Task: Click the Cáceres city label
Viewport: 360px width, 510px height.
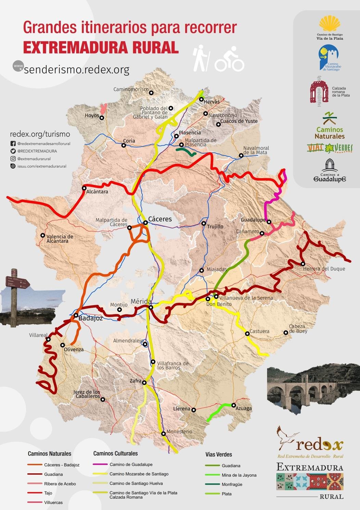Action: (x=160, y=219)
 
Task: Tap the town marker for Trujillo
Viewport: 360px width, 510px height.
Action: (x=204, y=223)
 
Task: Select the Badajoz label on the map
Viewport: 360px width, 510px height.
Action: (x=90, y=318)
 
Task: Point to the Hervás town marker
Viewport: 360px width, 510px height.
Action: (x=202, y=99)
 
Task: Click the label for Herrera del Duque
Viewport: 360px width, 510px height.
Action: (x=324, y=269)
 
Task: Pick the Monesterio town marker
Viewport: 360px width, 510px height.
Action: (x=164, y=434)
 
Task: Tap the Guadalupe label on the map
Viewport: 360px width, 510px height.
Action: (x=253, y=220)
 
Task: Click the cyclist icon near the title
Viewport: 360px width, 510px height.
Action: (x=230, y=60)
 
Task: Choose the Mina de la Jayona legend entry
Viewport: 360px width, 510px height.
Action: (x=239, y=475)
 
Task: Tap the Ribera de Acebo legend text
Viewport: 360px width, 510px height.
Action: (x=60, y=484)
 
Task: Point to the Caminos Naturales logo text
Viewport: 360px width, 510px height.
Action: (x=330, y=133)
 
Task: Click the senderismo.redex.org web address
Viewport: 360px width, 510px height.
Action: (x=77, y=70)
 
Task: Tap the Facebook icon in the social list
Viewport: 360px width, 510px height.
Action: (x=13, y=144)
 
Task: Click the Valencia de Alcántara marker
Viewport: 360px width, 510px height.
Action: (x=43, y=235)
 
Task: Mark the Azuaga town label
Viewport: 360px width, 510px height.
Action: (x=244, y=409)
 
